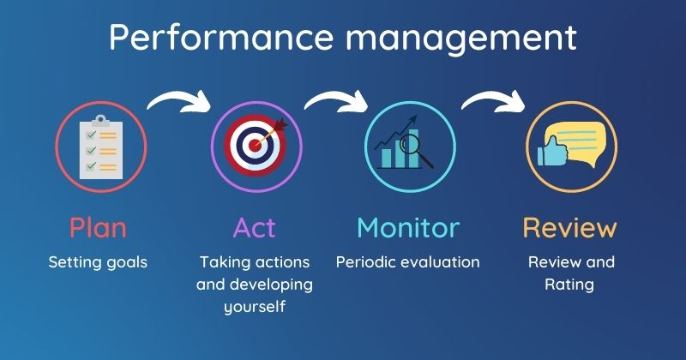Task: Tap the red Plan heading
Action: click(x=98, y=228)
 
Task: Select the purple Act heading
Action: click(x=254, y=228)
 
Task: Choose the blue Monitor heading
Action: click(x=407, y=228)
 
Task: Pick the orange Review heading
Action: click(x=569, y=228)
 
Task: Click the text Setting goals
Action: click(x=98, y=262)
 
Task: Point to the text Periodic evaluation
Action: click(x=407, y=262)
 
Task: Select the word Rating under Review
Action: click(x=569, y=285)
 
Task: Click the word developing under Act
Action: click(x=270, y=285)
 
